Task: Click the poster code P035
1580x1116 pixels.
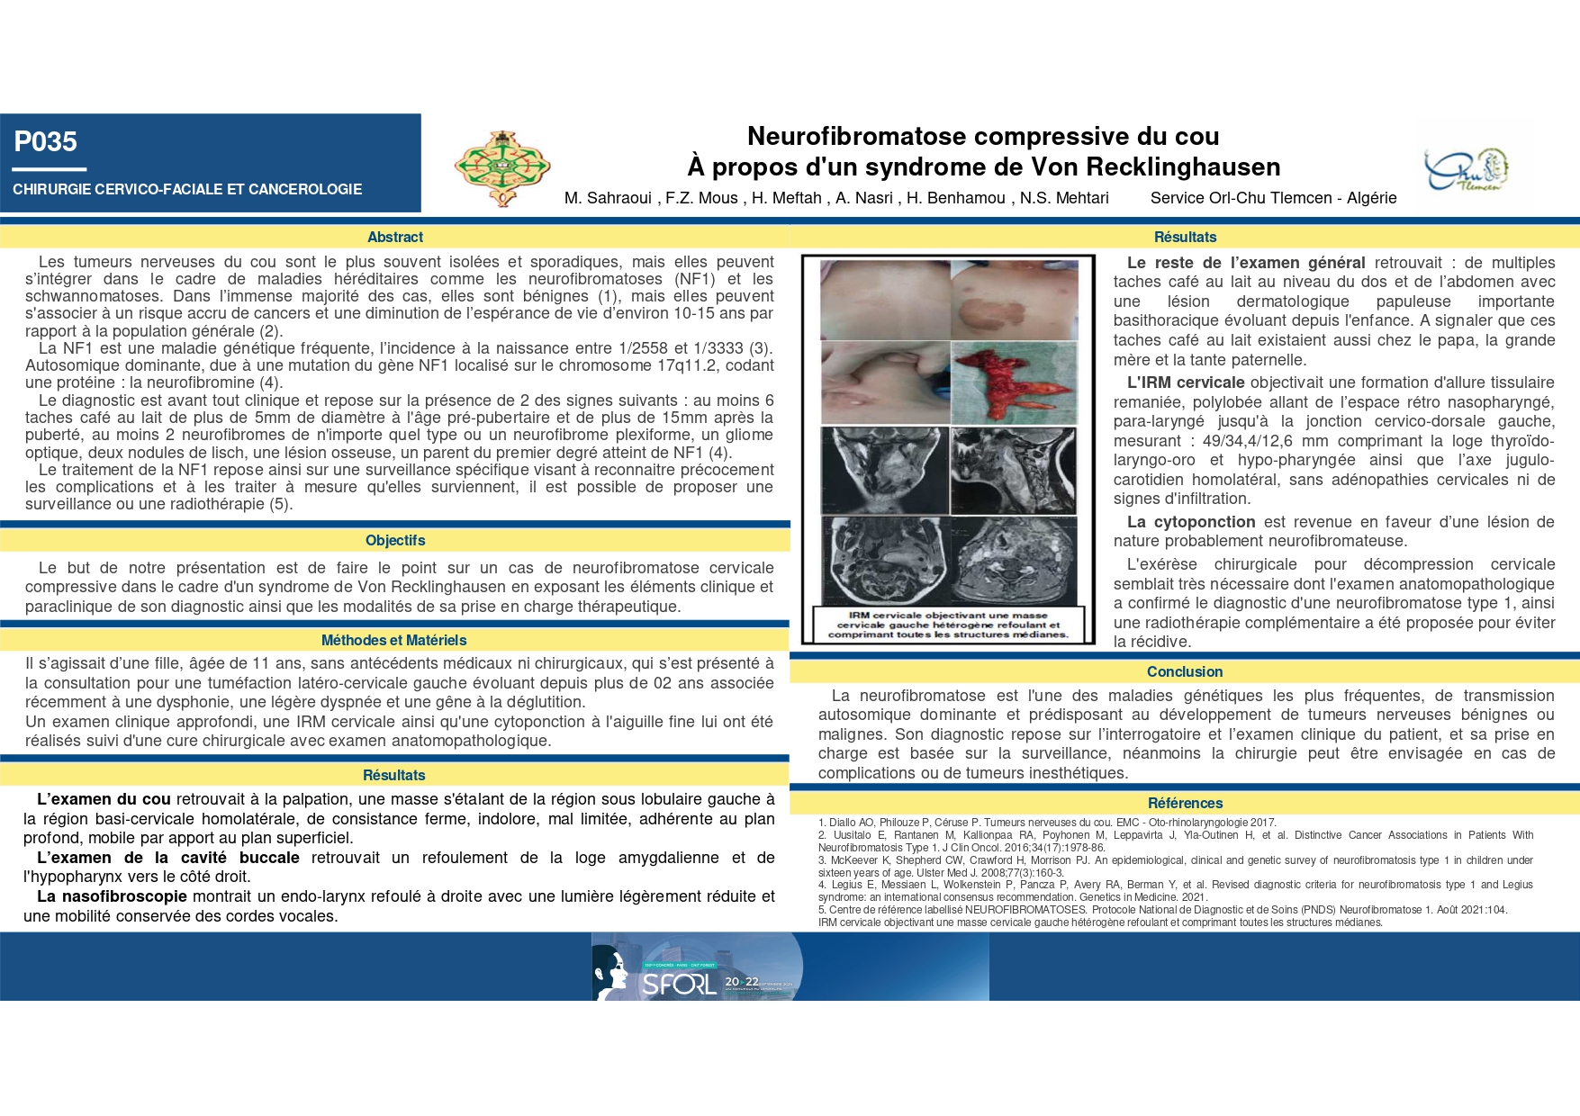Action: [x=46, y=142]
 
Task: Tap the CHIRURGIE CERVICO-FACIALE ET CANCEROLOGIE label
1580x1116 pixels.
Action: [x=187, y=189]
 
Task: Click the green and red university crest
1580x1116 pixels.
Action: [x=502, y=167]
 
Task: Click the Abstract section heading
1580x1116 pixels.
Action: [x=395, y=237]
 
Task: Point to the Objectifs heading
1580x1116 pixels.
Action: [x=395, y=540]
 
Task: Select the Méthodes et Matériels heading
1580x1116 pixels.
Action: [x=394, y=640]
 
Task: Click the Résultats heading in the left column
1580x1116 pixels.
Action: [x=394, y=775]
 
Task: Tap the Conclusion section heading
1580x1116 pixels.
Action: [x=1185, y=671]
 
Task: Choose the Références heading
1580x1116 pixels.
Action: [x=1185, y=803]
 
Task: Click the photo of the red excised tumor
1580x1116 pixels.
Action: [x=1014, y=383]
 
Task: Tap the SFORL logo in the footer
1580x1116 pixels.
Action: [x=681, y=983]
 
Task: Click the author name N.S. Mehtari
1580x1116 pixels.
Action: [x=1064, y=198]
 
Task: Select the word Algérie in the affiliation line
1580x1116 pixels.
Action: [x=1371, y=198]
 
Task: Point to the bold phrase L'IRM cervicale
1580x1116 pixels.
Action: [x=1186, y=382]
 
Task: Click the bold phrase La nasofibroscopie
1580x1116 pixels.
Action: [x=112, y=896]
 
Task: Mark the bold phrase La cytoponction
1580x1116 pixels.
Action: [x=1191, y=522]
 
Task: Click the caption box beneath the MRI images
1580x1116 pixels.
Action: [x=948, y=625]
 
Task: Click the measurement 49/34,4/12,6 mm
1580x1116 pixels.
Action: [x=1258, y=441]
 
